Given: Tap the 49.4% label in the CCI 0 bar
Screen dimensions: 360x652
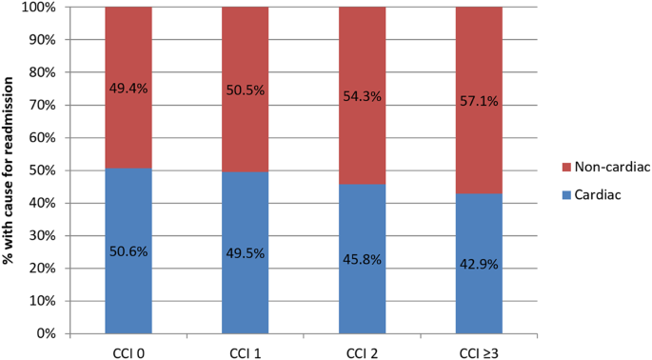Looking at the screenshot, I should [128, 89].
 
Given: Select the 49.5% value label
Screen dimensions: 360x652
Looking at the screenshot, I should [246, 253].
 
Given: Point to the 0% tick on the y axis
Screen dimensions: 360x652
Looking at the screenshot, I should [51, 333].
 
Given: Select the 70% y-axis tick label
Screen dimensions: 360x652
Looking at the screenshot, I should [48, 105].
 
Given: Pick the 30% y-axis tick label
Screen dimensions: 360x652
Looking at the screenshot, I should [48, 235].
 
